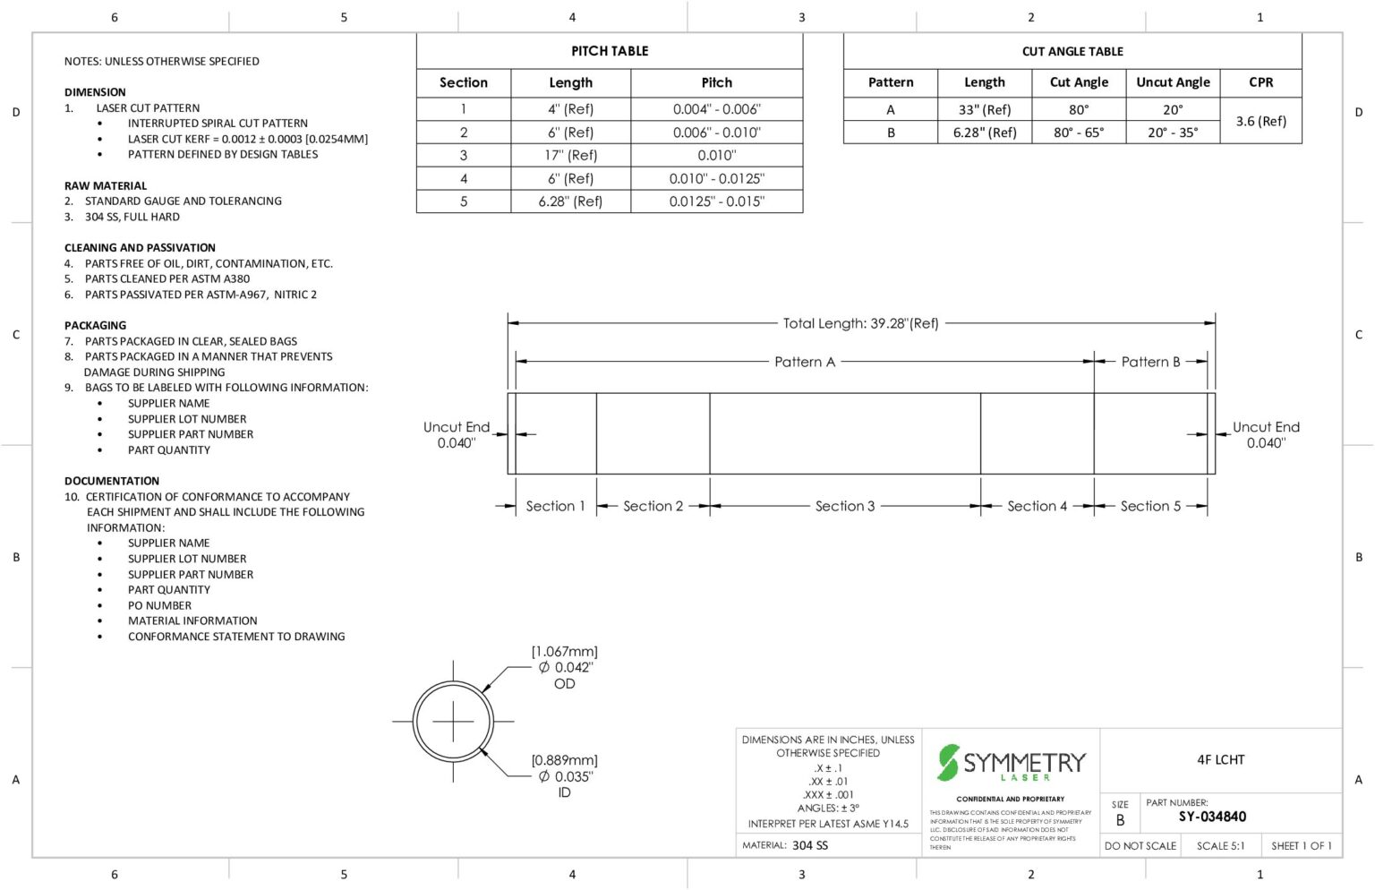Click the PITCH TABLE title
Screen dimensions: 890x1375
coord(610,51)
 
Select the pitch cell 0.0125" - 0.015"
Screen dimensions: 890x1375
coord(716,201)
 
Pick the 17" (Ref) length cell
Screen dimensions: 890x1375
coord(570,155)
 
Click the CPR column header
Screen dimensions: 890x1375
coord(1260,82)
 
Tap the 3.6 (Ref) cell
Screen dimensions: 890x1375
coord(1260,121)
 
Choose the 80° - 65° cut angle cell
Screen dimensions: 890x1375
coord(1078,133)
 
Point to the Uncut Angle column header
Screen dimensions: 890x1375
coord(1173,82)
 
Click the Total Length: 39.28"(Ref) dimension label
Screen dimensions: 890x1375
coord(860,323)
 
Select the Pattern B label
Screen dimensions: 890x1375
coord(1150,362)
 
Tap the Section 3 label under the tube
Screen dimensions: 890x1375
coord(844,506)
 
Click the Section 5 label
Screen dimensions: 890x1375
coord(1150,506)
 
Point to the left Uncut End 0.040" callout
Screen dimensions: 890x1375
coord(456,434)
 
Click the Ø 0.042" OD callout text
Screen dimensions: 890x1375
coord(565,667)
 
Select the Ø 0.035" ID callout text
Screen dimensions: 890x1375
coord(565,776)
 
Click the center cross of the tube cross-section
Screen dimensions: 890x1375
coord(453,721)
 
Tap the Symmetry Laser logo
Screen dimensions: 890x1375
coord(1011,763)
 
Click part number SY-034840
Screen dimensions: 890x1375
coord(1212,817)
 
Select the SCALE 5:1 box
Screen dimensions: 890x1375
coord(1220,845)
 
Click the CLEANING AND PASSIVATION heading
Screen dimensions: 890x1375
coord(140,248)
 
